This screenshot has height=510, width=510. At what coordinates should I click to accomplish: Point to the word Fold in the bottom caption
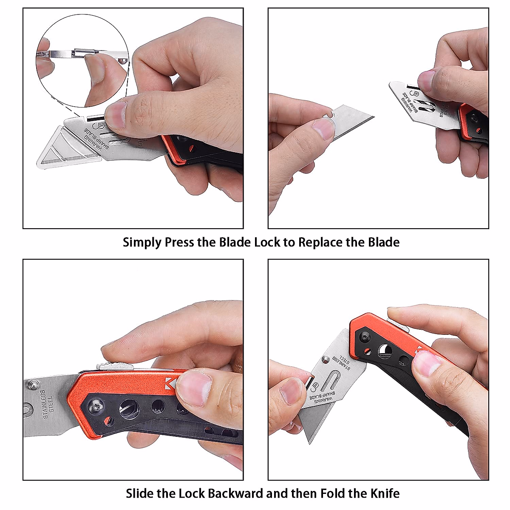click(333, 493)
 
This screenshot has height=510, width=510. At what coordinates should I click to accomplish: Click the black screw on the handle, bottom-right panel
click(365, 337)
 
